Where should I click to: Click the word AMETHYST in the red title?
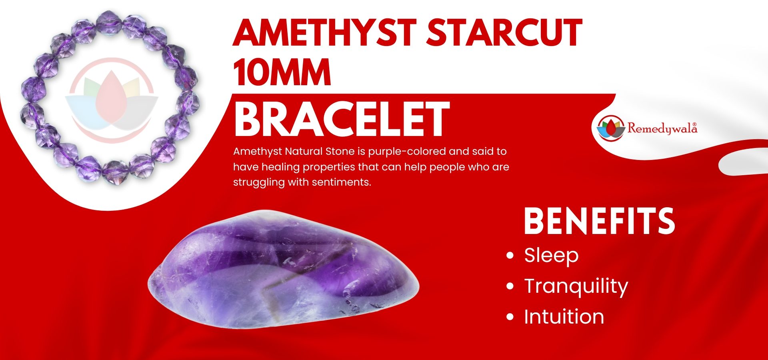325,32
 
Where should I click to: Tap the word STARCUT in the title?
504,32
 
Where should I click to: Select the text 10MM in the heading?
282,72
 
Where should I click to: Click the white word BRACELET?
342,119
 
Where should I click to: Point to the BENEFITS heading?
599,220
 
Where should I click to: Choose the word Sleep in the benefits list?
551,256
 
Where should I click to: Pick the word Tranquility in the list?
576,286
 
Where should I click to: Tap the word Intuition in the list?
564,317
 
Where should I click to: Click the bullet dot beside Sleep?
510,256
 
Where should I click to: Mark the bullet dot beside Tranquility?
510,286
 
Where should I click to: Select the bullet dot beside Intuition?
510,317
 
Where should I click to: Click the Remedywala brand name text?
662,128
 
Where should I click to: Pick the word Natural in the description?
304,152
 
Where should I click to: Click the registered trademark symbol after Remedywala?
694,124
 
